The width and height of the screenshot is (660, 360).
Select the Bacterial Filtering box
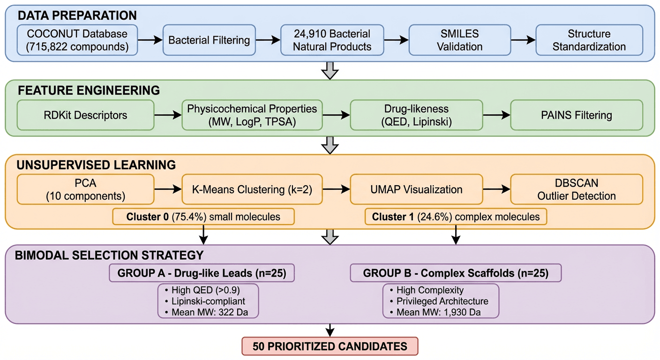pos(209,40)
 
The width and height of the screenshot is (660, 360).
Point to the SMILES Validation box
pos(459,40)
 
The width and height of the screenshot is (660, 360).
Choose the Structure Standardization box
pos(589,40)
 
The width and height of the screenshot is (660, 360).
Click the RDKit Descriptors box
pos(85,115)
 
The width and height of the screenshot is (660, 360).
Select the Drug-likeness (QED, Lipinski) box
pos(416,115)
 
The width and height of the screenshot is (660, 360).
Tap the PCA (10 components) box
pos(85,189)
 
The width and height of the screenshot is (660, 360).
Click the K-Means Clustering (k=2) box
pos(252,189)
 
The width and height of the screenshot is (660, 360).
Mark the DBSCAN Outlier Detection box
pos(577,189)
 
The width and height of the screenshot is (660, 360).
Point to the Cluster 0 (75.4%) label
pos(203,217)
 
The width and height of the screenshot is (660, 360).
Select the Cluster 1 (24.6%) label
pos(456,217)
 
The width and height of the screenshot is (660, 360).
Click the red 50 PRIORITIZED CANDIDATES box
pos(330,346)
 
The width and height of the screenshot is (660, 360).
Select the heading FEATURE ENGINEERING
pos(89,90)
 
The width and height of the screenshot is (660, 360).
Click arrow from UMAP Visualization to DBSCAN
pos(496,189)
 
